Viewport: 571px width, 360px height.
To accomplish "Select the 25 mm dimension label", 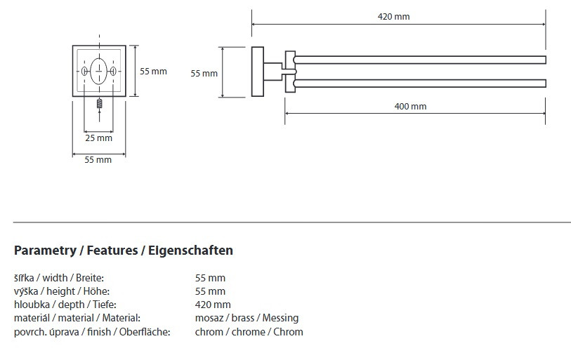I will coord(98,138).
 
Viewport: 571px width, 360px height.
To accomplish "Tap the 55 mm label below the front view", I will coord(98,160).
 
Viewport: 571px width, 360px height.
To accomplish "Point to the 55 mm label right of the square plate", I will coord(153,72).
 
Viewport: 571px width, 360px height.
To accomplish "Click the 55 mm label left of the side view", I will coord(204,73).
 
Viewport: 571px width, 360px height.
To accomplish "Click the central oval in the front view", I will coord(99,71).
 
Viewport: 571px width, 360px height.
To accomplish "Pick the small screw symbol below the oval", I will coord(99,105).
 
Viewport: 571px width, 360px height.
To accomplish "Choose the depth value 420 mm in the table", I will coord(213,305).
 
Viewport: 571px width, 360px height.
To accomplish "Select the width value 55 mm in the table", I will coord(210,278).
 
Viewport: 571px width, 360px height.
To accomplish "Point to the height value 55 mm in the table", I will coord(210,291).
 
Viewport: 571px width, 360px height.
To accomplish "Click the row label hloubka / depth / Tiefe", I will coord(65,305).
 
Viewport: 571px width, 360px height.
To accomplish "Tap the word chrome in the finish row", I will coord(248,332).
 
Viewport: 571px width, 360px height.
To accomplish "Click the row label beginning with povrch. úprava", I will coord(92,332).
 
